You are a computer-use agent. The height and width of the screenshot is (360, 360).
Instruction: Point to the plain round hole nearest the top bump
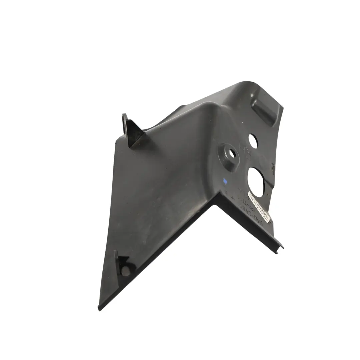coord(253,141)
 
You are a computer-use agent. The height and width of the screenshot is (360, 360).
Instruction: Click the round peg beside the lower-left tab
coord(126,271)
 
